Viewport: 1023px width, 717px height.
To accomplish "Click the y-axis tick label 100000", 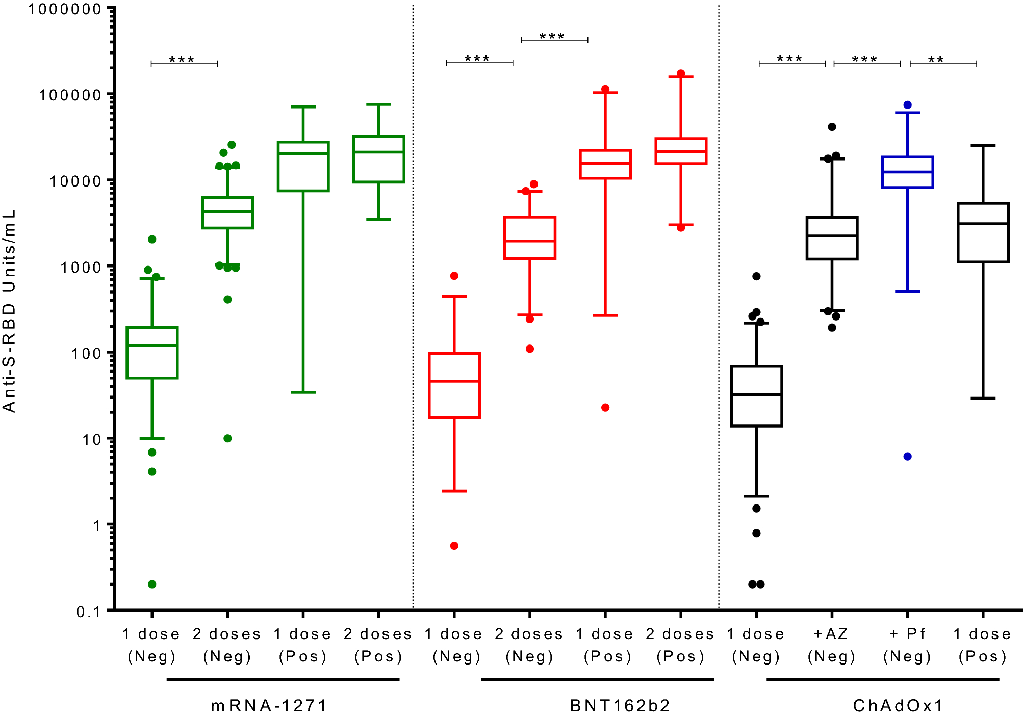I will [70, 95].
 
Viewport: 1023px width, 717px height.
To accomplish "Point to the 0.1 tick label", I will [88, 612].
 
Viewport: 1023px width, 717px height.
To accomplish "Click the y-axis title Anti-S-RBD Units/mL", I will [9, 311].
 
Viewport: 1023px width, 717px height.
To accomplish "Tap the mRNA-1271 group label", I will [269, 705].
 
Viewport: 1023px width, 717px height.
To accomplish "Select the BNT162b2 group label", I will [620, 705].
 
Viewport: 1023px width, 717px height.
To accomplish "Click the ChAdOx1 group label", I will [898, 705].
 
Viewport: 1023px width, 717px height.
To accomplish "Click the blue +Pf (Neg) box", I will [907, 172].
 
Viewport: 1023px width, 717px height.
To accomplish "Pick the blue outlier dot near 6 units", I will [907, 456].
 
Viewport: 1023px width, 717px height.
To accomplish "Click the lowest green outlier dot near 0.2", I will [152, 584].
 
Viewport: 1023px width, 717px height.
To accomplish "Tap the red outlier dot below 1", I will [454, 546].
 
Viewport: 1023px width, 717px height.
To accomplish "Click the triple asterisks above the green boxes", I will [182, 60].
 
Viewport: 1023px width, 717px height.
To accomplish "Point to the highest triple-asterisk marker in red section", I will [552, 36].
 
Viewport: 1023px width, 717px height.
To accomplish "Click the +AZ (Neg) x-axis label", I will [831, 645].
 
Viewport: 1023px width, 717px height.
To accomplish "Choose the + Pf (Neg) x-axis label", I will [907, 645].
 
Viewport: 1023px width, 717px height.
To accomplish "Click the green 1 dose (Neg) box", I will [152, 353].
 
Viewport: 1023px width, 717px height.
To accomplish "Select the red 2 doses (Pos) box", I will [681, 151].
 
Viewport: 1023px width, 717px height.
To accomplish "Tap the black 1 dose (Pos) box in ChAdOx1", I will [983, 233].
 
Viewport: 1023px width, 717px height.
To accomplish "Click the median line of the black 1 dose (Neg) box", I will [756, 394].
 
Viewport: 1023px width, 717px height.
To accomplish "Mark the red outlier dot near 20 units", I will [605, 407].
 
